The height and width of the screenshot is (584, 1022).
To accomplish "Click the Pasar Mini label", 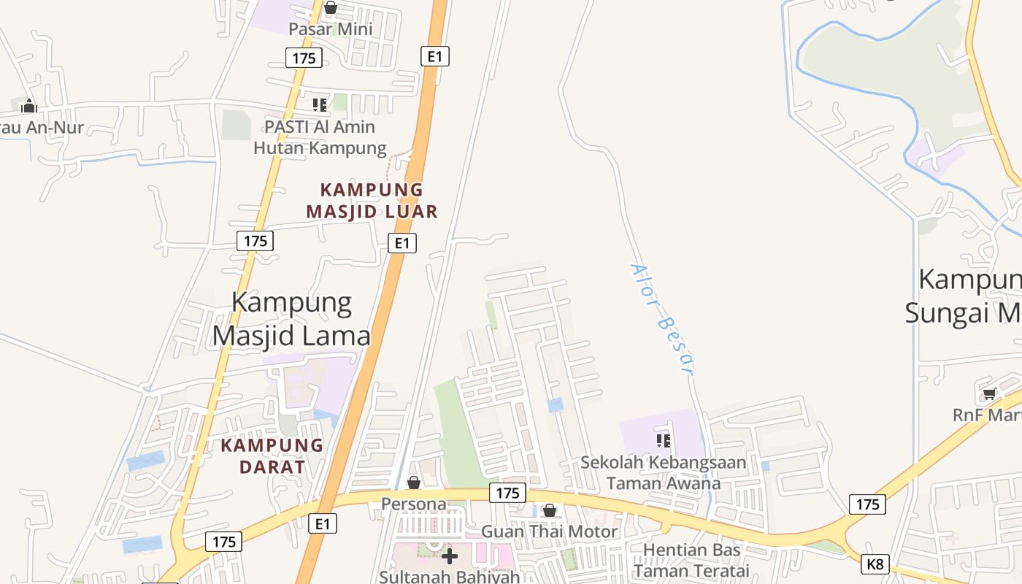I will (x=330, y=29).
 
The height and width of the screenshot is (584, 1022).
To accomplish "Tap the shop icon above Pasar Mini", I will (x=331, y=8).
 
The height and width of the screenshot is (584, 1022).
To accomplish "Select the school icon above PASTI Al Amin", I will (x=320, y=105).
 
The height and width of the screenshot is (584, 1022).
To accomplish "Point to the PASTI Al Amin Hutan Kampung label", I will (x=320, y=137).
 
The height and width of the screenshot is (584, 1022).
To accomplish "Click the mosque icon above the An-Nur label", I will (x=29, y=106).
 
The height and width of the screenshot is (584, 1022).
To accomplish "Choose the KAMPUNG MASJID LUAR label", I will (x=372, y=201).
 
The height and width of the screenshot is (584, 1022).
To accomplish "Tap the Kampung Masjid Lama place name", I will (x=291, y=319).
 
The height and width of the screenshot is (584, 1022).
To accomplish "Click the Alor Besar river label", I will (x=661, y=319).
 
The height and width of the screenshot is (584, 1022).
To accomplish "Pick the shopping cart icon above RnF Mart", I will (x=989, y=394).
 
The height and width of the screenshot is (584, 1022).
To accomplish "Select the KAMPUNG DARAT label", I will (x=272, y=456).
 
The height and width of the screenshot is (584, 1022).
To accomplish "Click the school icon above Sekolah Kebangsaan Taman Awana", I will (x=664, y=440).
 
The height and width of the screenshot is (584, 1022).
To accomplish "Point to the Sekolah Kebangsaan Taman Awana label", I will (x=664, y=472).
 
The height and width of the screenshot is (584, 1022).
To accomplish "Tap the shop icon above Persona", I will (x=414, y=483).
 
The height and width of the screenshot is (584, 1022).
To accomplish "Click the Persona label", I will (x=414, y=504).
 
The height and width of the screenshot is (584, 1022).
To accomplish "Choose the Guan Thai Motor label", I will (x=549, y=531).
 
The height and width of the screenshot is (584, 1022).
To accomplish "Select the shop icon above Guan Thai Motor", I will (x=550, y=510).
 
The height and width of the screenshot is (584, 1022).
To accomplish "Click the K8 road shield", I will (x=875, y=564).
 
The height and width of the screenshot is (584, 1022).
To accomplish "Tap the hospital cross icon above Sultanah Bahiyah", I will (x=450, y=556).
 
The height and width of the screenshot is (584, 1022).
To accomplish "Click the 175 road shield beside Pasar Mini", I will (x=304, y=58).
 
